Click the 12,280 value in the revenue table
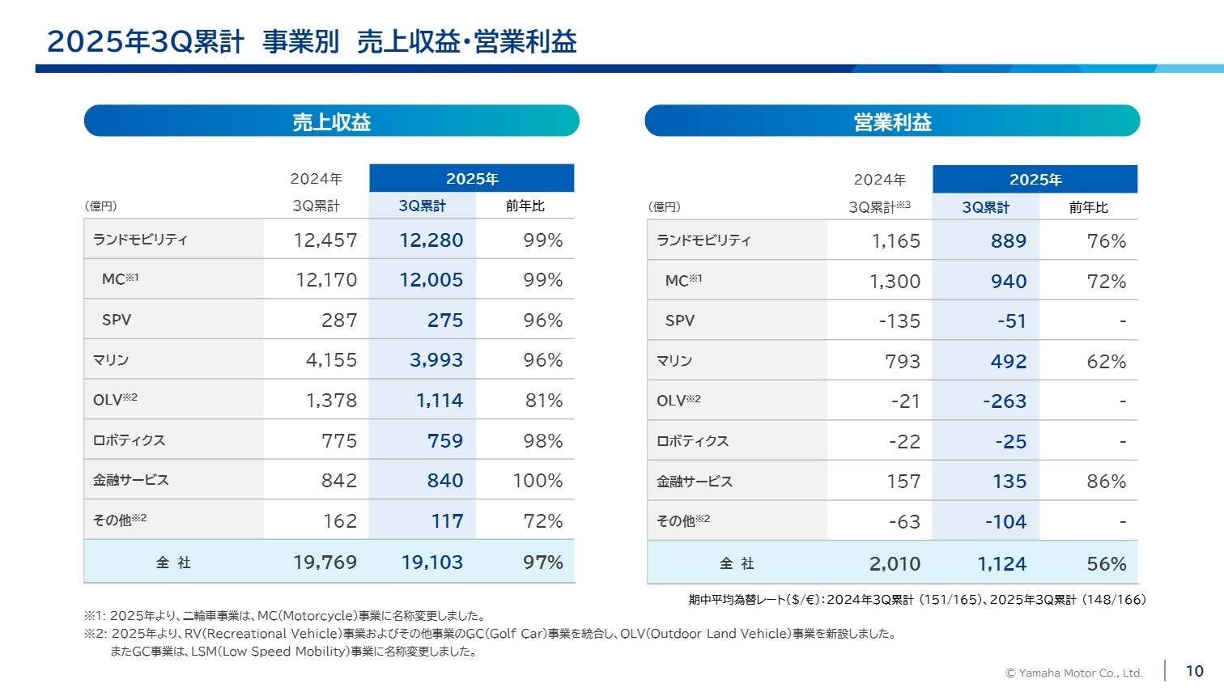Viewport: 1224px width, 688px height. click(431, 240)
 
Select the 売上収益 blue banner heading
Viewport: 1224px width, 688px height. click(331, 121)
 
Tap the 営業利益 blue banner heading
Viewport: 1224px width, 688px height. click(892, 121)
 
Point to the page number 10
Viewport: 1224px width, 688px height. click(1194, 671)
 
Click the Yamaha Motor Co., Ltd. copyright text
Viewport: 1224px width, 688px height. click(1073, 673)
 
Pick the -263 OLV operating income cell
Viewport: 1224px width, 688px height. click(1004, 401)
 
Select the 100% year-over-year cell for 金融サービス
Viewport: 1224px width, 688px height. click(538, 481)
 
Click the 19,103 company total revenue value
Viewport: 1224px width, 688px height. click(432, 563)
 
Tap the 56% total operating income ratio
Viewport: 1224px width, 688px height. click(1106, 564)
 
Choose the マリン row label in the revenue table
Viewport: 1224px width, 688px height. click(111, 360)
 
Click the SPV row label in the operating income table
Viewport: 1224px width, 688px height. click(679, 321)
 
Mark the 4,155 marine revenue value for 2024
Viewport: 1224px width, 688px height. click(331, 360)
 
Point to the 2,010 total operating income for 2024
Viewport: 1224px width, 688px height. click(895, 564)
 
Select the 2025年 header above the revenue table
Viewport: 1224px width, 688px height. click(471, 179)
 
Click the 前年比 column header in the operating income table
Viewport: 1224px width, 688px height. click(1088, 208)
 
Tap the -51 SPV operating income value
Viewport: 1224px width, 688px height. click(1011, 321)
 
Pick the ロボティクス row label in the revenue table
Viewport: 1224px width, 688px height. click(129, 440)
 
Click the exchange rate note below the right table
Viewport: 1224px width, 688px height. click(916, 600)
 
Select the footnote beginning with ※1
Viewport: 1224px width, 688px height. click(285, 616)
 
